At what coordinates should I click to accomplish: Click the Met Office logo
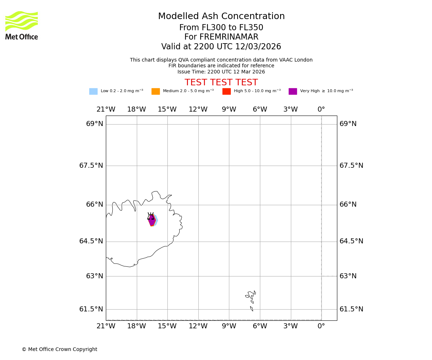[22, 25]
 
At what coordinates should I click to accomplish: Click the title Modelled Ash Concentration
[221, 17]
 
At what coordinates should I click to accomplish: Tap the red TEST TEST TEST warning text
[221, 83]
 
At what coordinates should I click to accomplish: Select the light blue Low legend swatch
[93, 91]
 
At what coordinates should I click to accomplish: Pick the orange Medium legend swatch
[156, 91]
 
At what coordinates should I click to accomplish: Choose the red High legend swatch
[226, 91]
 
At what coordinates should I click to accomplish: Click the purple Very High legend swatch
[293, 91]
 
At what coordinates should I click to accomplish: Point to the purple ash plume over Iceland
[152, 220]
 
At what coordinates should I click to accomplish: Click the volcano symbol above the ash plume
[151, 216]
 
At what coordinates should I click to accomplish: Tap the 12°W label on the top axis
[198, 109]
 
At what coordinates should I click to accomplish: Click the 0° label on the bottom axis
[321, 326]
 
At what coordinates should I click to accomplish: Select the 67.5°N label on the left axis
[91, 166]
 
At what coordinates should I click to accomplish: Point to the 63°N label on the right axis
[348, 276]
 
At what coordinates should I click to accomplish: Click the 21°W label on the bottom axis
[106, 326]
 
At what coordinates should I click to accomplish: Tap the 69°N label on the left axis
[94, 124]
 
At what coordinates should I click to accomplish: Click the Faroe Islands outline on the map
[251, 297]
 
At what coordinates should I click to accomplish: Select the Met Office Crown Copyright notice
[59, 350]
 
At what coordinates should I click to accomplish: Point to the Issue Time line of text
[221, 72]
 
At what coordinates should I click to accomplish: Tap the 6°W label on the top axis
[260, 109]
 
